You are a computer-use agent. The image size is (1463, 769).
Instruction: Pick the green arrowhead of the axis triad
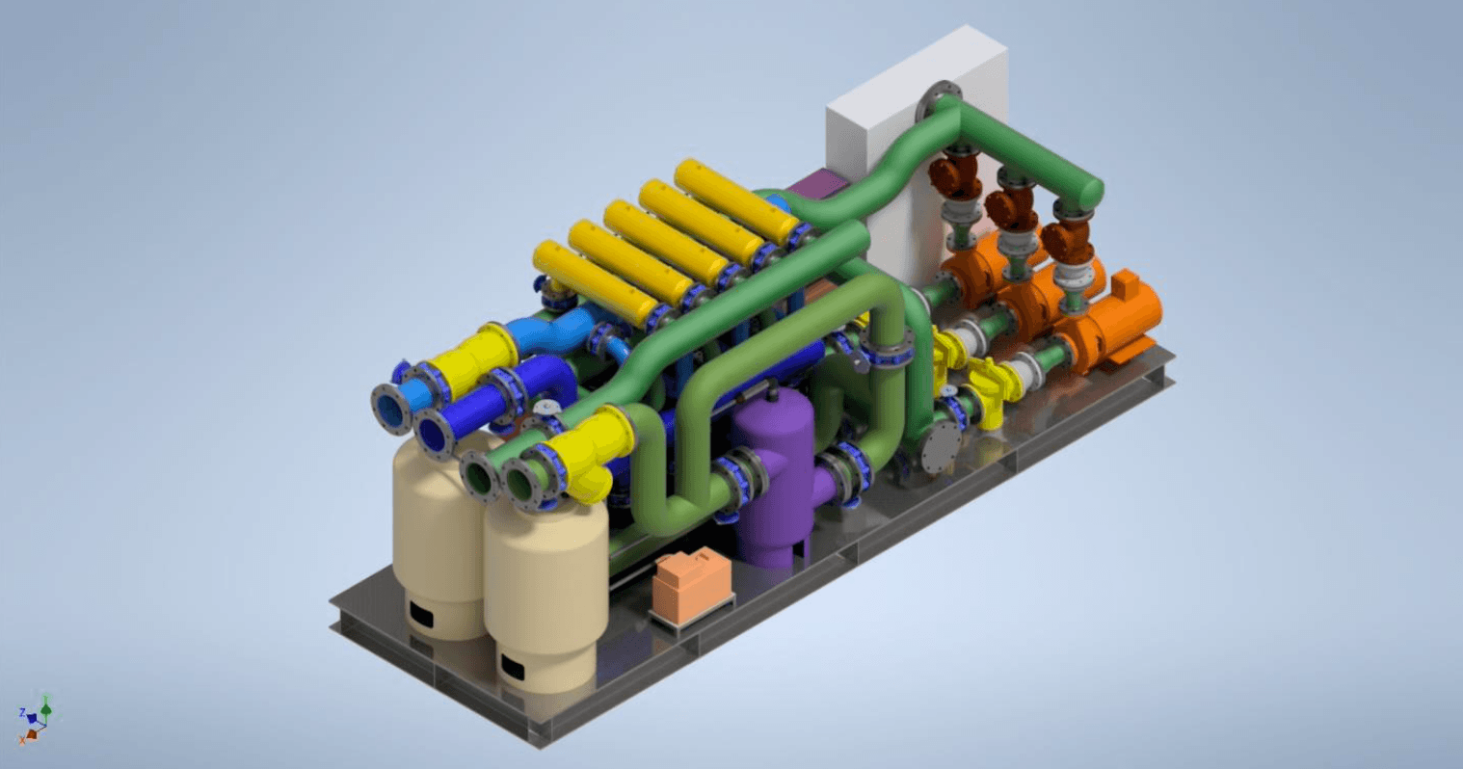(x=45, y=706)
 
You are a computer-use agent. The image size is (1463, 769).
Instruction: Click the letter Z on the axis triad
(x=22, y=713)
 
